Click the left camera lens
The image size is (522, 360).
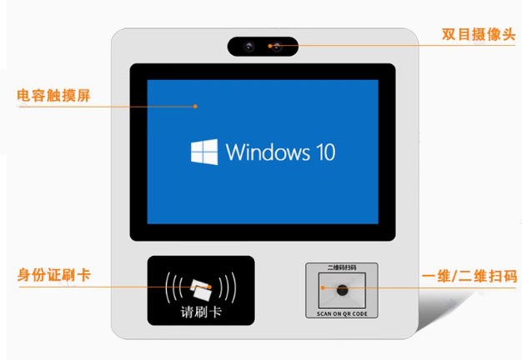[x=248, y=46]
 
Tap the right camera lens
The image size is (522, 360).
[x=277, y=47]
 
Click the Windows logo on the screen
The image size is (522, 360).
[x=204, y=152]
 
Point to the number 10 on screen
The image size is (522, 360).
[x=325, y=152]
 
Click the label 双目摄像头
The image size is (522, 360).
[x=479, y=34]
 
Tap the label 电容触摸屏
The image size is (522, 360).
[x=53, y=96]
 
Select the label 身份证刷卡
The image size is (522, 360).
[x=54, y=275]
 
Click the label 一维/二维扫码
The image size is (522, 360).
[x=469, y=276]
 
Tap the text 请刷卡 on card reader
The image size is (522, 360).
[x=201, y=312]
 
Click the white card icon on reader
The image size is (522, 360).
[x=201, y=289]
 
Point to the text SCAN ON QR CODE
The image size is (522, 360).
[x=342, y=314]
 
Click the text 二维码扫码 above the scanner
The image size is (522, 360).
[x=342, y=267]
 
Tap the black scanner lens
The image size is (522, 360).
[x=342, y=290]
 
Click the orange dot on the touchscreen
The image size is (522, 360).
[x=195, y=107]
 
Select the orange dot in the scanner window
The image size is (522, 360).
[x=323, y=287]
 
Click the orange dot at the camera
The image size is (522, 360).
[x=270, y=46]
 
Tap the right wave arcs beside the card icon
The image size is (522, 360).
[x=228, y=287]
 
